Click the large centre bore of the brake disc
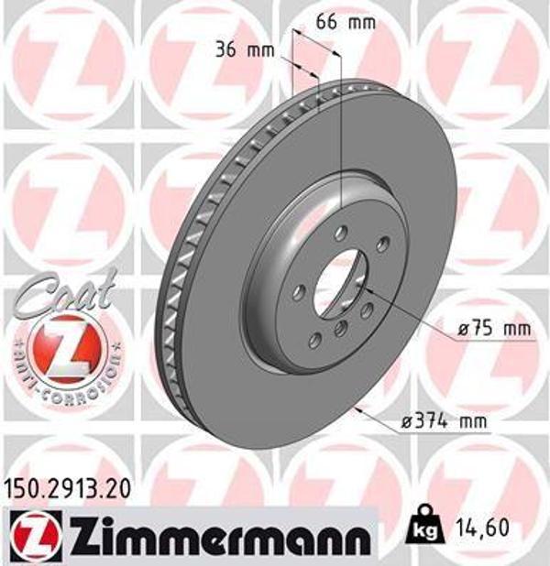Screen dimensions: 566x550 [x=340, y=284]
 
